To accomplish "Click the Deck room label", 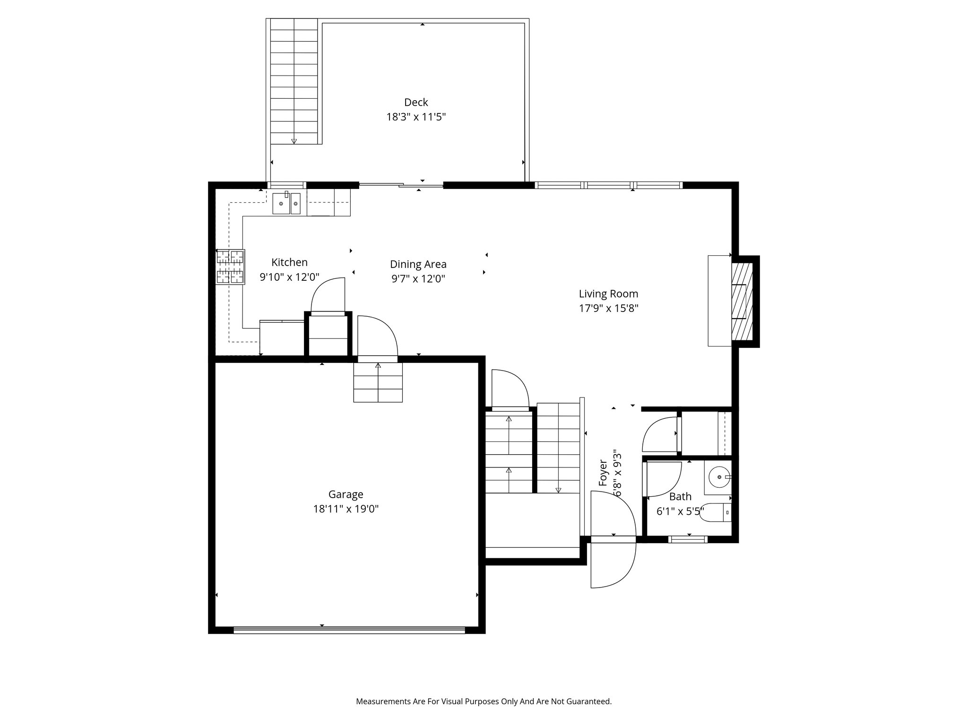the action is pos(416,102).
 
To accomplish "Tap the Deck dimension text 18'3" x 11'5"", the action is pos(416,117).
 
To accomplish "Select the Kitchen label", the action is pos(289,262).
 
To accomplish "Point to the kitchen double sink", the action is pos(286,203).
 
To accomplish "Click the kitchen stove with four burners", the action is pos(231,267).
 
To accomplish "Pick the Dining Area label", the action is pos(418,264).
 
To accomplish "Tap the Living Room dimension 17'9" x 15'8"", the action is pos(609,309).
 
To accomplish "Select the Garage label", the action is pos(346,494).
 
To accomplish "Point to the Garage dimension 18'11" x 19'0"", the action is pos(346,509).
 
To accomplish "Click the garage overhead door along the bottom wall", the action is pos(349,629).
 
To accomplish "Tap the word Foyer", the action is pos(603,473).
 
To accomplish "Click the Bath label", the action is pos(680,497).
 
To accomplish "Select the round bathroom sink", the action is pos(719,477).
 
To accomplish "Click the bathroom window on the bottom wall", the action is pos(688,539).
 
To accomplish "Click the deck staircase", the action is pos(294,81).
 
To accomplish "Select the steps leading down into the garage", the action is pos(378,382).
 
